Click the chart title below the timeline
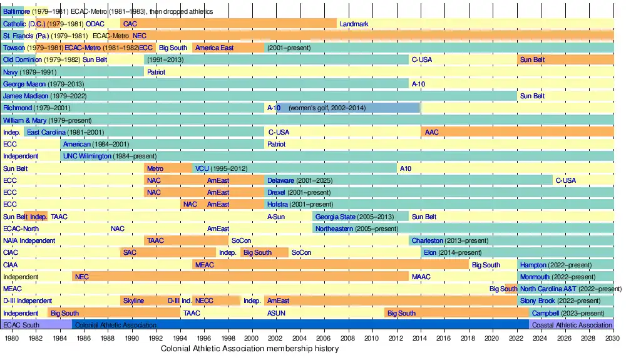pos(250,349)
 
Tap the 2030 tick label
pos(613,338)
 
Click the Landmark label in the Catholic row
pos(354,24)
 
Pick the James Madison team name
pos(24,96)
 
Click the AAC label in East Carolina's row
pos(432,132)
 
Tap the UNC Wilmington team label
pos(87,157)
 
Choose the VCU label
pos(202,168)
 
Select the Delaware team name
pos(281,180)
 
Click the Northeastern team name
pos(336,229)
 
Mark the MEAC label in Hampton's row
pos(205,265)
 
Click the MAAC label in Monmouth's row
pos(421,277)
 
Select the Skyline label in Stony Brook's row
pos(133,301)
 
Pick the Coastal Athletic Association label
pos(572,325)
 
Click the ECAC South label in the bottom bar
pos(21,325)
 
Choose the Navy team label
pos(11,72)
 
